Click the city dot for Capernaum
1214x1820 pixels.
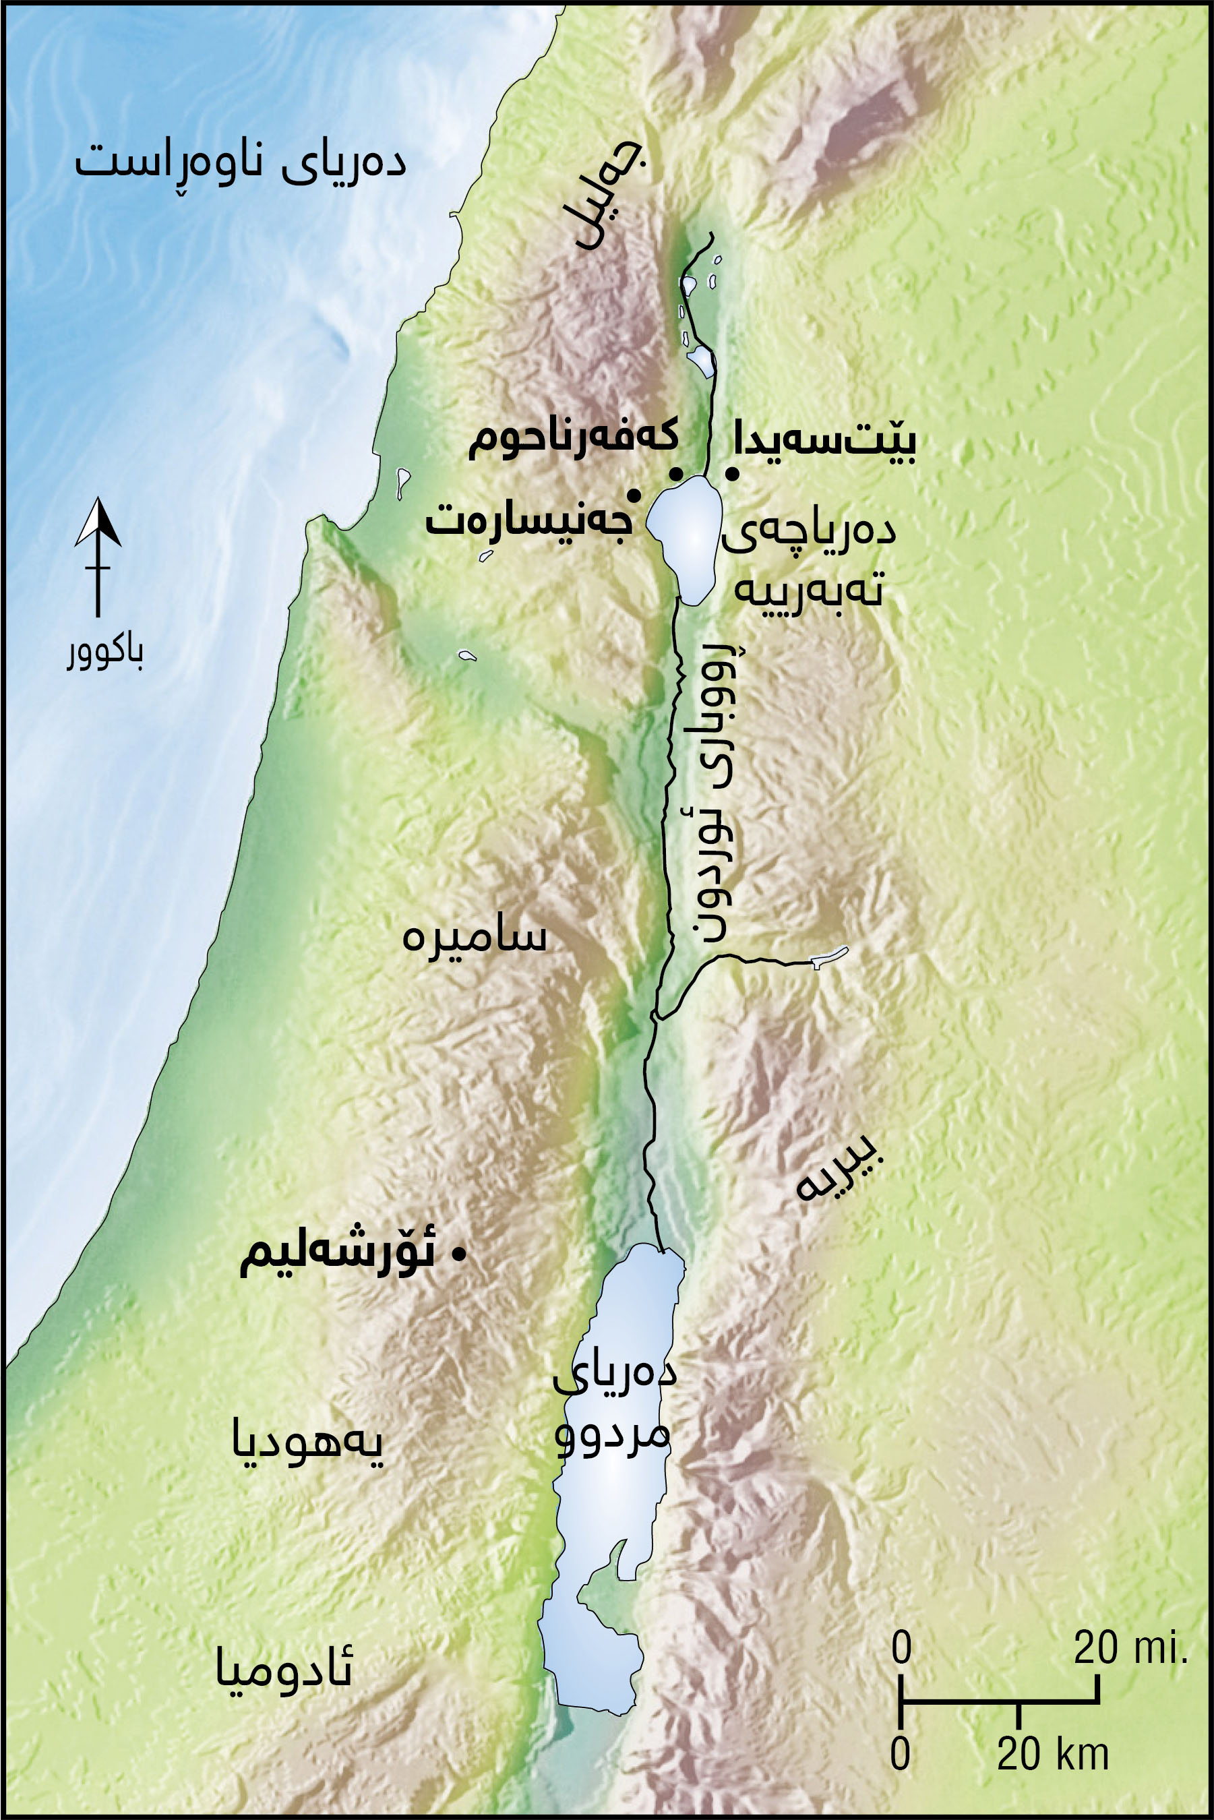pos(676,474)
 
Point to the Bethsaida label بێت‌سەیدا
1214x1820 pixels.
pos(825,439)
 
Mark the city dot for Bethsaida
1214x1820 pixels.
pos(731,474)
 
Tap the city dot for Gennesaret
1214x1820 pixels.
pos(634,495)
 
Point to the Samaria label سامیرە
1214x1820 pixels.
pos(474,937)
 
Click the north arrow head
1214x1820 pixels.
pos(98,522)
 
